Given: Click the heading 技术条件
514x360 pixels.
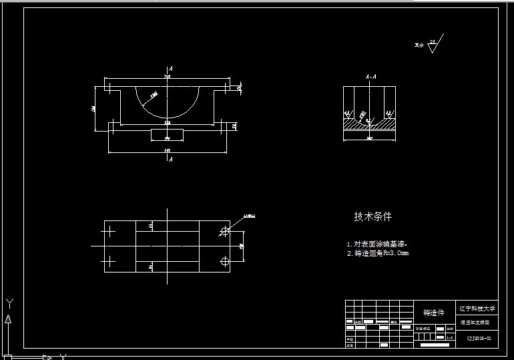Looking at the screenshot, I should point(372,216).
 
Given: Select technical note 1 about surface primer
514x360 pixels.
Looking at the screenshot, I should point(376,244).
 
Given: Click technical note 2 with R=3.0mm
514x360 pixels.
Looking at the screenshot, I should point(377,254).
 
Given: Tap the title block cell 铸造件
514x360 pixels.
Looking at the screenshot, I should point(433,313).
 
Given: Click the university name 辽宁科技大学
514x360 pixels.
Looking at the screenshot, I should point(477,309).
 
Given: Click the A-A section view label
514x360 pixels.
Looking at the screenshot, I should point(369,77).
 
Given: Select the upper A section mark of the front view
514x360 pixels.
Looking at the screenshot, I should point(171,69).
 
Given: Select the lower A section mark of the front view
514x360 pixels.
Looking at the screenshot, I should point(171,160).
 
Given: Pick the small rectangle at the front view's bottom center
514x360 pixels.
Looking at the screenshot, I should point(167,135).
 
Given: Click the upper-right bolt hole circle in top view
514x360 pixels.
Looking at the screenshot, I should point(224,231).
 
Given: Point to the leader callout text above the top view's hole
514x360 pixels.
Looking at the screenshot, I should point(249,216).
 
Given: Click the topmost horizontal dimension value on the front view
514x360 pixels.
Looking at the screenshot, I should point(167,77).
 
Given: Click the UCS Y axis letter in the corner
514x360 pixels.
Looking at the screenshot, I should point(9,304).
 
